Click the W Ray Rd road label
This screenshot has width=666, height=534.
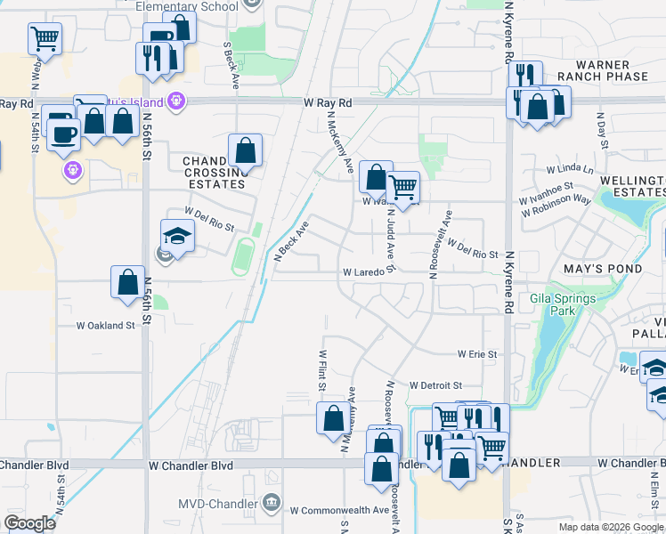[x=327, y=103]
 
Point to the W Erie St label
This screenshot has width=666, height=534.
[x=477, y=354]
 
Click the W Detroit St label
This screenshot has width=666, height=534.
[x=435, y=385]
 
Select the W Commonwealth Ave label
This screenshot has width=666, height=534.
[x=339, y=510]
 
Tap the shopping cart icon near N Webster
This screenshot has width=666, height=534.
[x=45, y=38]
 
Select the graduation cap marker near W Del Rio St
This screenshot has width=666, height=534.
[x=177, y=236]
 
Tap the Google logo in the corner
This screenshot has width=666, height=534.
[x=30, y=523]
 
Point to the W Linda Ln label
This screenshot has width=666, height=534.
[x=570, y=169]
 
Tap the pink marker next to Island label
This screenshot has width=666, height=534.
[x=177, y=101]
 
